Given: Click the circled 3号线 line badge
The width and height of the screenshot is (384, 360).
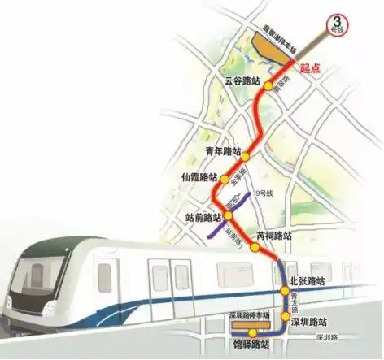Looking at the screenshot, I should coord(334,24).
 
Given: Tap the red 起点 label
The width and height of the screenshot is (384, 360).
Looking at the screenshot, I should coord(312,70).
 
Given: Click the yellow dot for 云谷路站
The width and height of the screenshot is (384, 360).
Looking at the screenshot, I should coord(268,85).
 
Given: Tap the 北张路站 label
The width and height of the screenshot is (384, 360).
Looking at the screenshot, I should coord(308,280).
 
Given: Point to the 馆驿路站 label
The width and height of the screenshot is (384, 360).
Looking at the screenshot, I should coord(250,345).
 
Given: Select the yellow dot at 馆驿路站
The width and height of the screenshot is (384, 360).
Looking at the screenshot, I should coord(253,332).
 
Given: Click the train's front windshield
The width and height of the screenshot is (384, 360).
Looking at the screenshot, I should coord(41,277).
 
